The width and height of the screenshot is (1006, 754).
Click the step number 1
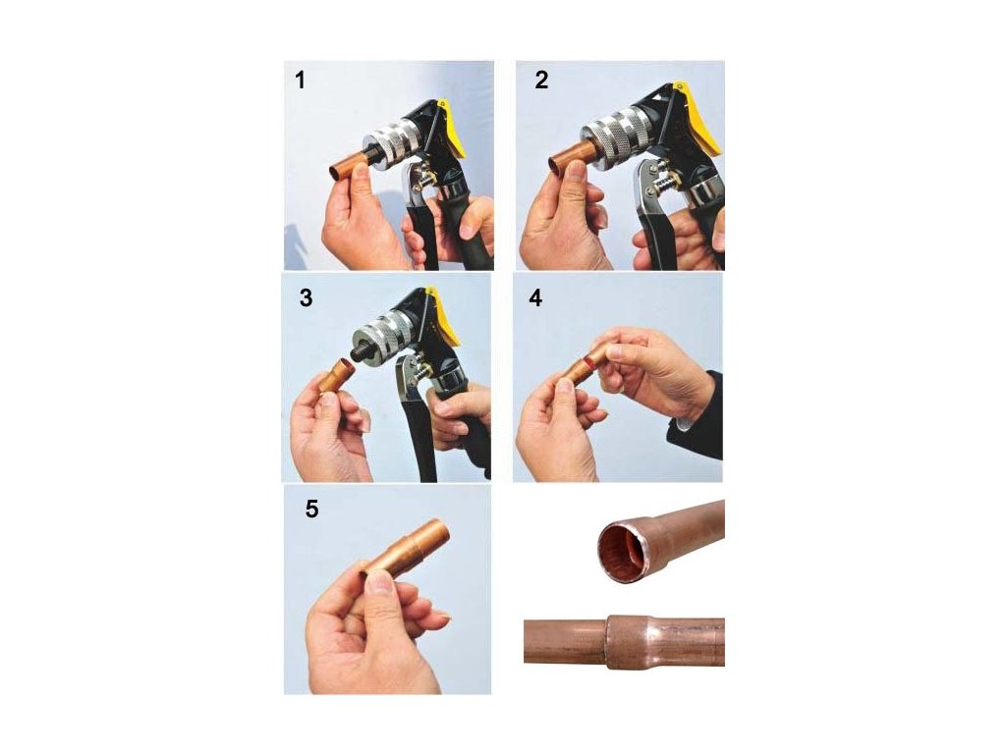[x=300, y=81]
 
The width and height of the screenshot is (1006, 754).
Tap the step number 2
[x=541, y=81]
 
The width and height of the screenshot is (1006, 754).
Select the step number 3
[x=307, y=298]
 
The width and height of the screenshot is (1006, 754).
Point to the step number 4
[x=535, y=298]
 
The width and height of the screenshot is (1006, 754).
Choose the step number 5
[x=311, y=510]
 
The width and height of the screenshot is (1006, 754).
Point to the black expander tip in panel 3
[x=359, y=353]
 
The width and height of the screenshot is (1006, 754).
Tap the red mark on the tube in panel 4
[x=586, y=367]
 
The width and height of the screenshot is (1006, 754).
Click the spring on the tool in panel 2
[x=665, y=182]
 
